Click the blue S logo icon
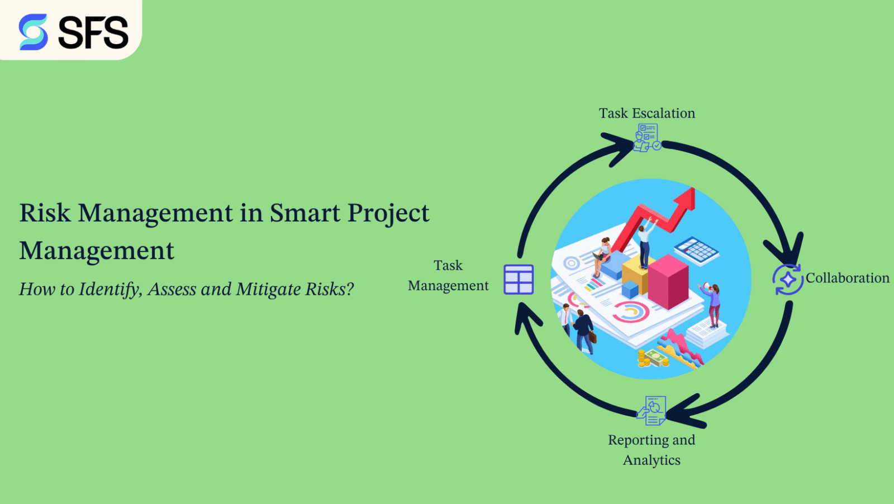tap(33, 32)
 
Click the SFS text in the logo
tap(93, 32)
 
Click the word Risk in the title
tap(45, 213)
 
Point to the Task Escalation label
tap(647, 113)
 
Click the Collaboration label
tap(847, 278)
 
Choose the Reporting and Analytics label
tap(652, 450)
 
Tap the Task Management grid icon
tap(519, 279)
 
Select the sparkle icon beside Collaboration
tap(788, 279)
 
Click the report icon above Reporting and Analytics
tap(652, 411)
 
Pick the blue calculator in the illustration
tap(696, 249)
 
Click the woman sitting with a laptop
tap(603, 255)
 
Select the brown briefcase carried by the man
tap(592, 336)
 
